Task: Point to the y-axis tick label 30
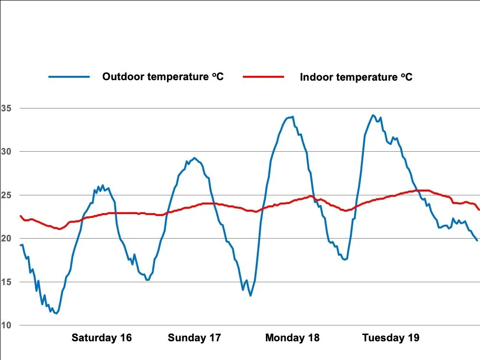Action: click(6, 151)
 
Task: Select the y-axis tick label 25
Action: click(6, 195)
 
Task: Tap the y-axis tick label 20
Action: click(6, 238)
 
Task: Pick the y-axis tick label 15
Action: click(6, 282)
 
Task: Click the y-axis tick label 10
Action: click(6, 325)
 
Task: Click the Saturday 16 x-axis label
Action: click(101, 338)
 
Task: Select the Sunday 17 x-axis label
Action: click(194, 338)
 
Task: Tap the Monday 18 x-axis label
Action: click(292, 338)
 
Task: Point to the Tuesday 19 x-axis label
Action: click(391, 338)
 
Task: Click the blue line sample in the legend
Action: click(69, 77)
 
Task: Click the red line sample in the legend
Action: click(264, 77)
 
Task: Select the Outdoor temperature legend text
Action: click(163, 76)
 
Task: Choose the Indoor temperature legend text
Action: click(356, 77)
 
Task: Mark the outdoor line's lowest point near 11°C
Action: click(57, 313)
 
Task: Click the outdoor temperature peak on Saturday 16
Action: click(103, 185)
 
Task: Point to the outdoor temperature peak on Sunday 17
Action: click(194, 157)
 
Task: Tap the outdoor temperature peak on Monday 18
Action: click(292, 116)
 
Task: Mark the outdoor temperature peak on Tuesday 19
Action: click(372, 115)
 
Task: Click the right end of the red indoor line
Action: click(479, 210)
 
